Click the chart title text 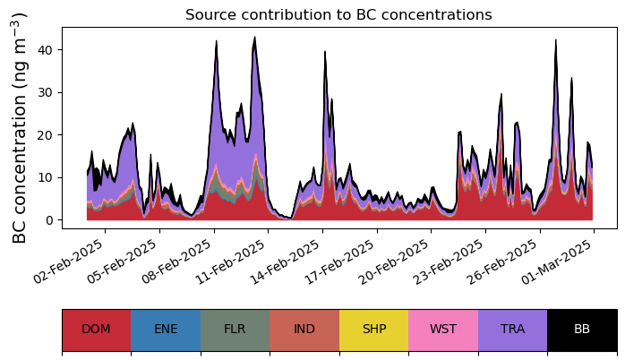click(x=338, y=15)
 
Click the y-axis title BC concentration click(x=21, y=127)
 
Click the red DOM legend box click(x=96, y=330)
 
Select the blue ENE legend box click(x=166, y=330)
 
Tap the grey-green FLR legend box click(x=235, y=330)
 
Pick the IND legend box click(x=304, y=330)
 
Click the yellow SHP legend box click(x=373, y=330)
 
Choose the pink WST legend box click(x=443, y=330)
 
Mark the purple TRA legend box click(x=512, y=330)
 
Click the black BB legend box click(x=582, y=330)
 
